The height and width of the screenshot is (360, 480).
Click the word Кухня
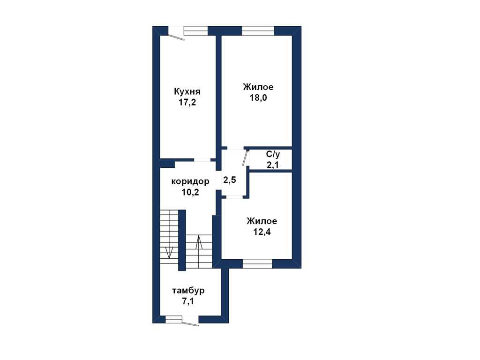point(187,92)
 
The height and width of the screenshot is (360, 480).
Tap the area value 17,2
point(187,103)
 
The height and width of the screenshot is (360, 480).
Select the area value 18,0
point(258,98)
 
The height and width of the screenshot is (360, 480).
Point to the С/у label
point(273,154)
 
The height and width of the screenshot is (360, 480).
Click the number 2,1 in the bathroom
point(273,165)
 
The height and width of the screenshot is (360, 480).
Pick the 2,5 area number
point(230,180)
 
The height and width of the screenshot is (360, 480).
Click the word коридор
point(190,181)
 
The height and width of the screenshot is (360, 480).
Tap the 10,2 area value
point(190,192)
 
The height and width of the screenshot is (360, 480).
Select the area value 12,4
point(262,232)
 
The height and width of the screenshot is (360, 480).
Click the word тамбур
point(188,291)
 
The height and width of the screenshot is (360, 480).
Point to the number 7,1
point(188,301)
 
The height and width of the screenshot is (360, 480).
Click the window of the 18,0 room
point(258,31)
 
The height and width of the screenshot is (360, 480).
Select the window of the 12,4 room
point(257,264)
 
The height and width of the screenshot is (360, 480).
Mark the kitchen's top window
point(196,31)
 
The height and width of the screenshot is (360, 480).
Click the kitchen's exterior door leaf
point(176,37)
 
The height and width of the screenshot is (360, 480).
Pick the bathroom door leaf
point(245,158)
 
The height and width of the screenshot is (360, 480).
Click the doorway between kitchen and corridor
point(202,160)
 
